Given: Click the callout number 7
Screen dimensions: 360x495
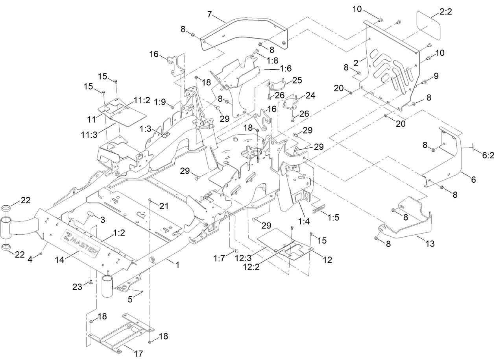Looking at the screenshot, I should (x=210, y=15).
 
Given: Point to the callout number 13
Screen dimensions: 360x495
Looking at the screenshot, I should (x=430, y=244).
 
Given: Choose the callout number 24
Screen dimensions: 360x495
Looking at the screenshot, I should (x=310, y=95).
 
